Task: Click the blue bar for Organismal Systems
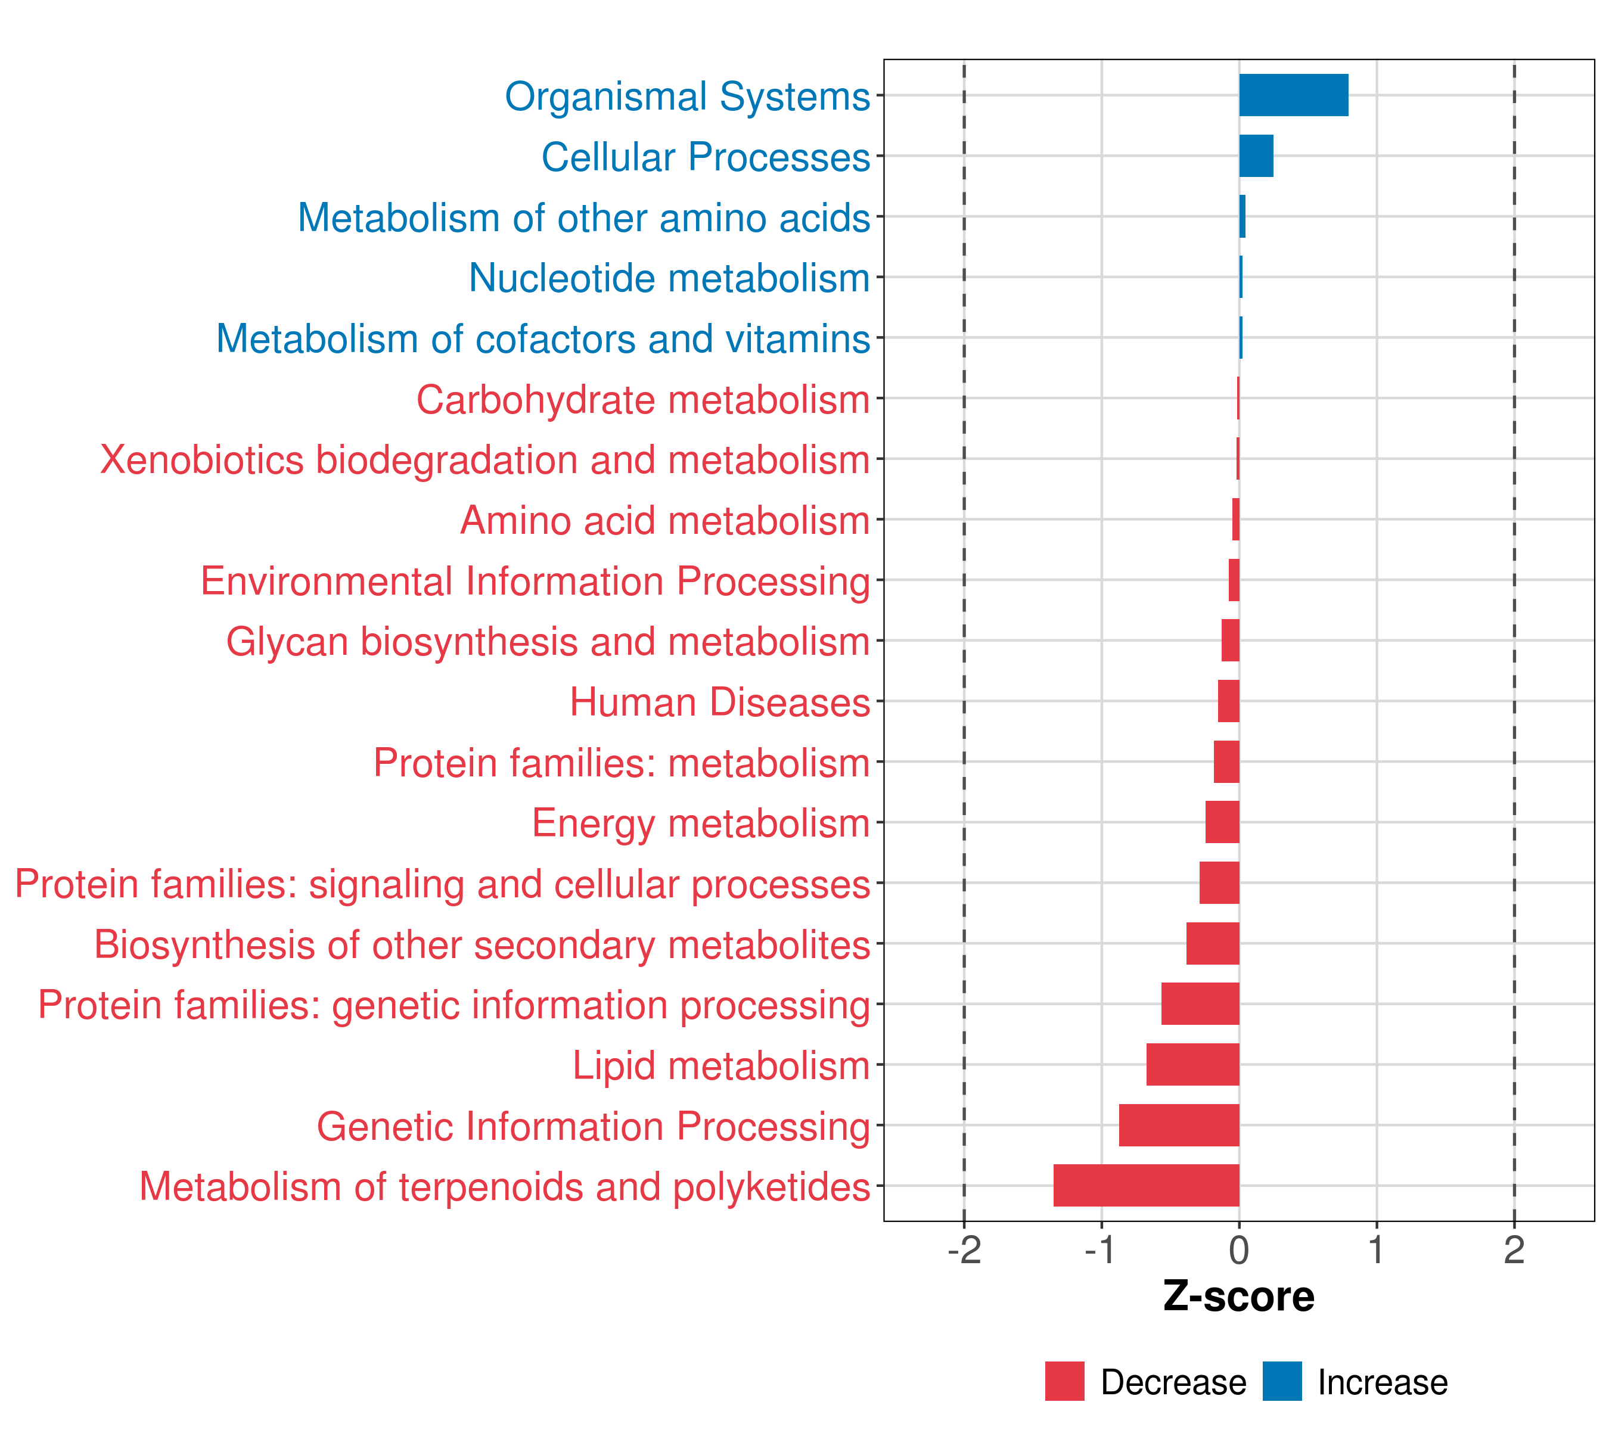tap(1293, 95)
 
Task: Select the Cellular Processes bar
tap(1256, 156)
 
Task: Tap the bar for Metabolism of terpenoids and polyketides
tap(1145, 1185)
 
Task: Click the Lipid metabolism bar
tap(1192, 1064)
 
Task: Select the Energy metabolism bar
tap(1222, 822)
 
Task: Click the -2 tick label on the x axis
tap(964, 1251)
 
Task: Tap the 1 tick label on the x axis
tap(1376, 1251)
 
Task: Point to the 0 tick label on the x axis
tap(1239, 1251)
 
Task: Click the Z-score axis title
tap(1238, 1297)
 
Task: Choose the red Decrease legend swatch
tap(1064, 1381)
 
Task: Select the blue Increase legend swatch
tap(1281, 1381)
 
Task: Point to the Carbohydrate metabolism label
tap(642, 400)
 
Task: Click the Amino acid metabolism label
tap(664, 521)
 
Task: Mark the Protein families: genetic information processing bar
tap(1200, 1003)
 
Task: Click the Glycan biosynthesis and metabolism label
tap(548, 642)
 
